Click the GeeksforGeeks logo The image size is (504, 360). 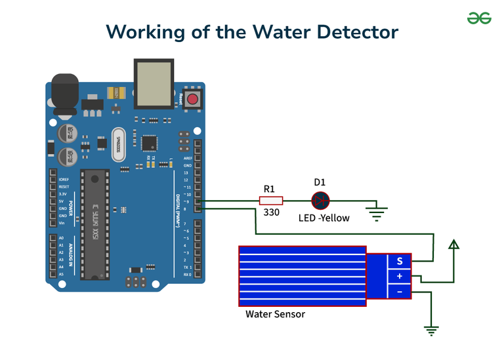coord(479,18)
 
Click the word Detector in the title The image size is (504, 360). coord(355,31)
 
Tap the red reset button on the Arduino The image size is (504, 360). coord(193,100)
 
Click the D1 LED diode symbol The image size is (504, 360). coord(320,201)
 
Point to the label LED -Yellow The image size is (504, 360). coord(324,218)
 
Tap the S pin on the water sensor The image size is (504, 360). coord(400,261)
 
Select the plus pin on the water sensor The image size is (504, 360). coord(400,276)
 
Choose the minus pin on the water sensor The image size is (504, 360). coord(400,290)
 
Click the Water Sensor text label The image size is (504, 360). coord(275,314)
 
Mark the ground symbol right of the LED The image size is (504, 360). coord(377,211)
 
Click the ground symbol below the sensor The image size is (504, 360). coord(431,330)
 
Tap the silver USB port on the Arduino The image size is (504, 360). coord(153,83)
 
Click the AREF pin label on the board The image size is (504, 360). coord(188,159)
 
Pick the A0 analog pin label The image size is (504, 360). coord(61,238)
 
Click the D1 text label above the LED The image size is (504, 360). coord(320,182)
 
